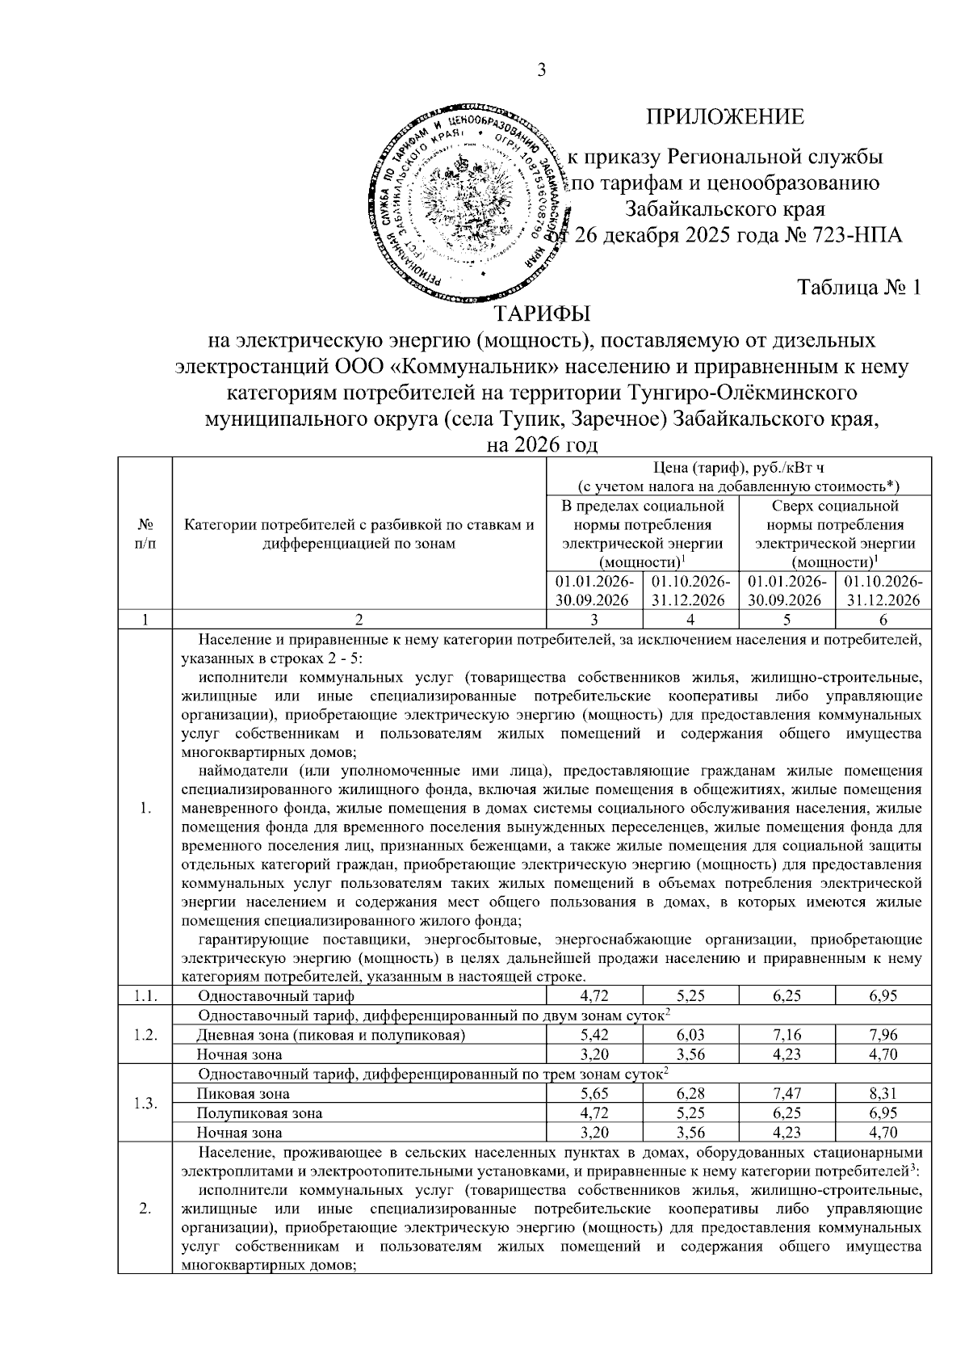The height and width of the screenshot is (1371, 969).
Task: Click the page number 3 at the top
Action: point(542,71)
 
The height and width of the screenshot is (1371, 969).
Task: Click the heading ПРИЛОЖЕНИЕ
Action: point(724,117)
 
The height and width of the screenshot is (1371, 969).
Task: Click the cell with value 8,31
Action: point(883,1094)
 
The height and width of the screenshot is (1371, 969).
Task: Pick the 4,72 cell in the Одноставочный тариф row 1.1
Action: point(594,995)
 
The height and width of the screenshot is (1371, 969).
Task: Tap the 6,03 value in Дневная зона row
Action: point(690,1035)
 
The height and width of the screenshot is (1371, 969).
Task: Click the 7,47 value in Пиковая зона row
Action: point(787,1094)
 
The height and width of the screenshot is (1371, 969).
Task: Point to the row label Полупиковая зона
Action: point(260,1113)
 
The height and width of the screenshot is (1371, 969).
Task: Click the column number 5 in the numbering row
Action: point(787,620)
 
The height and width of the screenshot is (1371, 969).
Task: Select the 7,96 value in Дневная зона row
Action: point(883,1035)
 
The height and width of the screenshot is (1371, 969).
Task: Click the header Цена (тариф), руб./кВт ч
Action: point(739,468)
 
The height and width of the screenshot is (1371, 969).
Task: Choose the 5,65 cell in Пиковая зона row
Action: point(594,1094)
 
